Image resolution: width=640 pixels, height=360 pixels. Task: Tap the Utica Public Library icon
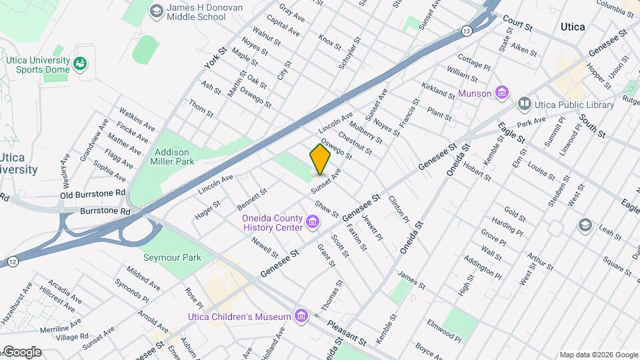pyautogui.click(x=525, y=105)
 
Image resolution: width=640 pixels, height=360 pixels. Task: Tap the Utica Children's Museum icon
pyautogui.click(x=301, y=316)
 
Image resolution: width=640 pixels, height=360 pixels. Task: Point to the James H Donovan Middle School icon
pyautogui.click(x=156, y=11)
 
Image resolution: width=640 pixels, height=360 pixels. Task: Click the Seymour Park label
pyautogui.click(x=163, y=257)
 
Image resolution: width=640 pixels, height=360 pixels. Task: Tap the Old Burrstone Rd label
pyautogui.click(x=93, y=194)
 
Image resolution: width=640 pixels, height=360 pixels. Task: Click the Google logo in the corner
pyautogui.click(x=21, y=352)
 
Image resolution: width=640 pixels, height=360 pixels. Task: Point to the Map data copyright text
pyautogui.click(x=598, y=355)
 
